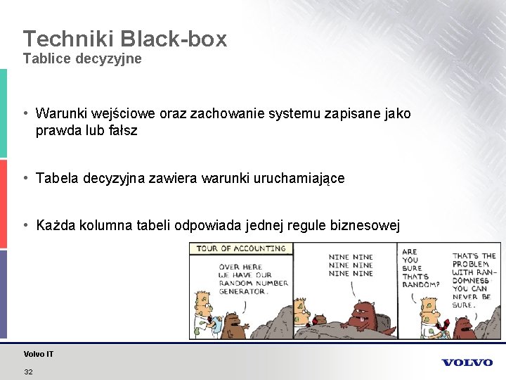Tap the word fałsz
[x=120, y=130]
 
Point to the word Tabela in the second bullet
[x=57, y=178]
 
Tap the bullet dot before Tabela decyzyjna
[x=25, y=177]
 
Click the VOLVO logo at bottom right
[x=467, y=362]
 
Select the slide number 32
[x=28, y=372]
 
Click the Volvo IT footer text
[x=38, y=354]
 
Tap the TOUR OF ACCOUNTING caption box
[x=241, y=248]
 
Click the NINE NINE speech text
[x=351, y=265]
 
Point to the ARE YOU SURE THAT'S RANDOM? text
[x=420, y=268]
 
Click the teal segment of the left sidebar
[x=3, y=113]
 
